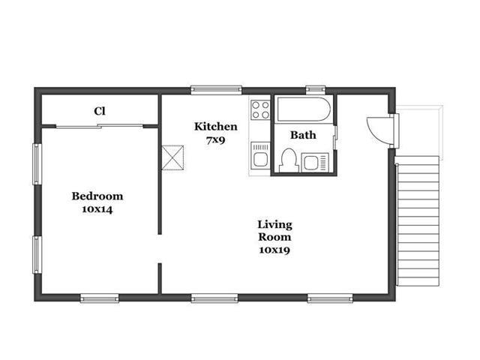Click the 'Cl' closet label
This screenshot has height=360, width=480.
point(100,111)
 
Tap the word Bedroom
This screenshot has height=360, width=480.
point(97,196)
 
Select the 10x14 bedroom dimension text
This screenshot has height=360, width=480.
point(97,209)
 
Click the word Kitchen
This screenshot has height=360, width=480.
point(216,127)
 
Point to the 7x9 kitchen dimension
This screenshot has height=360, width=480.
point(216,140)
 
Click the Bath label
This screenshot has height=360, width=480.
point(303,135)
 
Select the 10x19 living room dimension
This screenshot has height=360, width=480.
point(274,250)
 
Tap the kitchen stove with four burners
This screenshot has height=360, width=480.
point(260,110)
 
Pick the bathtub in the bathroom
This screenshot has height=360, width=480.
point(304,109)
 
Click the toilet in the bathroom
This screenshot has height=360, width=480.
point(289,160)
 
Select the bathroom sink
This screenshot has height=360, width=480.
point(315,163)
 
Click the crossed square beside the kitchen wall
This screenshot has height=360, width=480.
point(172,157)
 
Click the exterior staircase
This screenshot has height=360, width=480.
point(418,221)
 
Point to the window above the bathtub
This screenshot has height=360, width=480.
point(316,89)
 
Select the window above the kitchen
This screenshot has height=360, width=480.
point(217,90)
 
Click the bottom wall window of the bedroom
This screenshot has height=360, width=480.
point(100,298)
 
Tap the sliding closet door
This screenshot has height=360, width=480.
point(100,126)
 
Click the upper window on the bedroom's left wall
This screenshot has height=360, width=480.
point(37,164)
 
